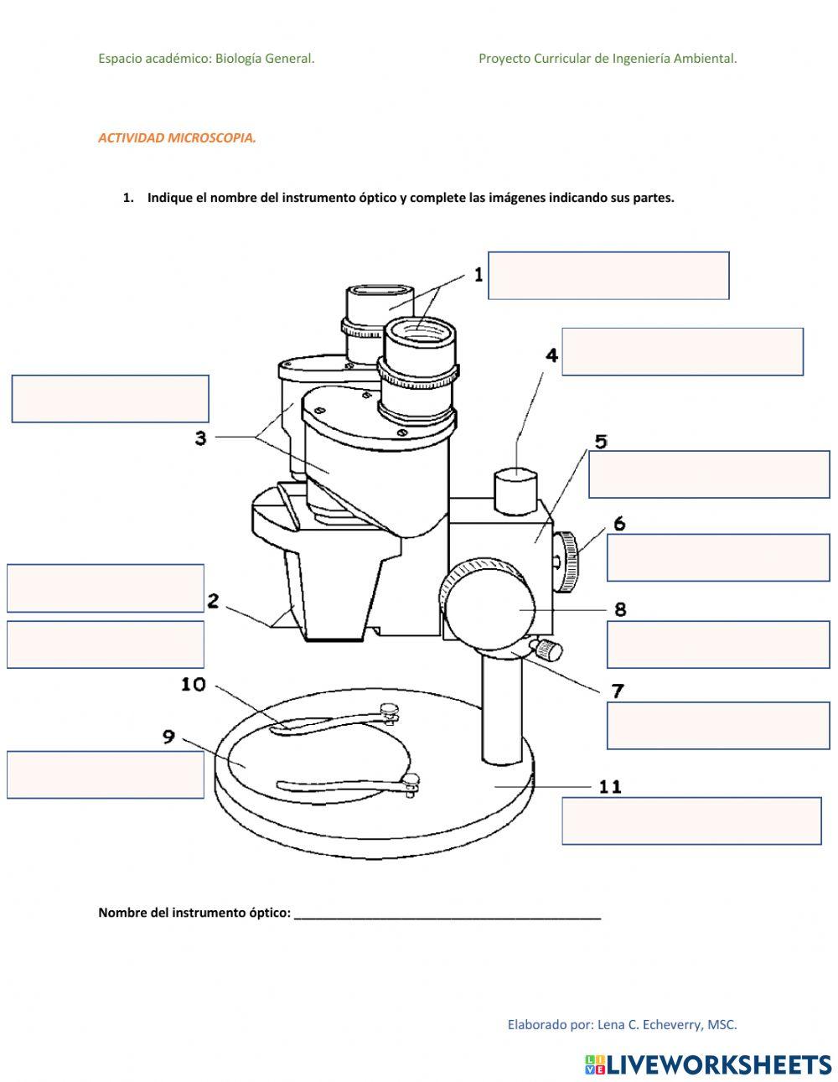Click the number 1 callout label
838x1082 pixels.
(x=478, y=274)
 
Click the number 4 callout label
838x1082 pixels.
(x=551, y=355)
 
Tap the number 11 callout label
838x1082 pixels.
(x=610, y=786)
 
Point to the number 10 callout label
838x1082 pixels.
(x=194, y=685)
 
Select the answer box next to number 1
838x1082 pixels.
(x=608, y=276)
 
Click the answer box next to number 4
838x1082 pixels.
(x=682, y=352)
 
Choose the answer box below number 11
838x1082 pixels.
(x=691, y=821)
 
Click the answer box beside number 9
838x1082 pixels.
(x=106, y=775)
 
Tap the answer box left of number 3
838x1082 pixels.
(x=110, y=399)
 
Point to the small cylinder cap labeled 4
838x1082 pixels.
(x=515, y=490)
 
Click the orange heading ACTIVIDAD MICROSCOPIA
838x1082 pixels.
(x=177, y=137)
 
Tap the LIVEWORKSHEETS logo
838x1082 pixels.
(x=708, y=1064)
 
